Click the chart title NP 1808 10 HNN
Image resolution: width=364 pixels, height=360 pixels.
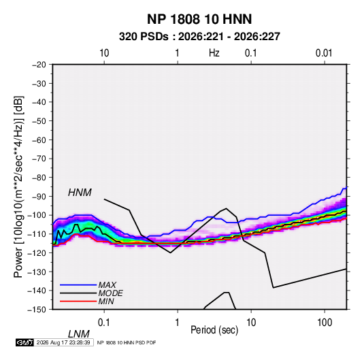coord(199,19)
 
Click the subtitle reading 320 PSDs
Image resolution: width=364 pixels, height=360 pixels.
coord(144,37)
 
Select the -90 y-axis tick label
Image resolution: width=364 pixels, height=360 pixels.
coord(39,196)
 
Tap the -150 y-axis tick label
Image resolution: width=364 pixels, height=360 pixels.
coord(37,310)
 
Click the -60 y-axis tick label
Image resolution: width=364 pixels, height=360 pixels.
coord(39,140)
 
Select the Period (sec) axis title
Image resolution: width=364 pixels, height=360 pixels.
coord(214,330)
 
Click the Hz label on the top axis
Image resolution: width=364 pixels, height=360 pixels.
coord(214,53)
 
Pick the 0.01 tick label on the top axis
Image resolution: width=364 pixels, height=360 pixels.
coord(324,53)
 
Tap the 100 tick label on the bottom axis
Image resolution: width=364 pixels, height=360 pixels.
coord(325,323)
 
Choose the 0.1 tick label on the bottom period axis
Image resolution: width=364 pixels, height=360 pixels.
coord(104,323)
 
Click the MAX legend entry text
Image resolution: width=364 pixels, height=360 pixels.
coord(107,285)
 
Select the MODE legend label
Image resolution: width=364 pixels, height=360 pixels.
coord(110,293)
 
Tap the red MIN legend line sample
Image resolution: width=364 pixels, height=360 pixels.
coord(78,301)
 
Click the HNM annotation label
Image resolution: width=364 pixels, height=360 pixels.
coord(80,193)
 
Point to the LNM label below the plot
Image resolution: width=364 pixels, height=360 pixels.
coord(78,334)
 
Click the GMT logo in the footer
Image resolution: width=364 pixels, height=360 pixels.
coord(24,342)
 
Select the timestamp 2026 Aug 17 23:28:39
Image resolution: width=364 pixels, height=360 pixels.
coord(63,342)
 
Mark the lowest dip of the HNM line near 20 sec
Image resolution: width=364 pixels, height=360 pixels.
coord(274,288)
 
